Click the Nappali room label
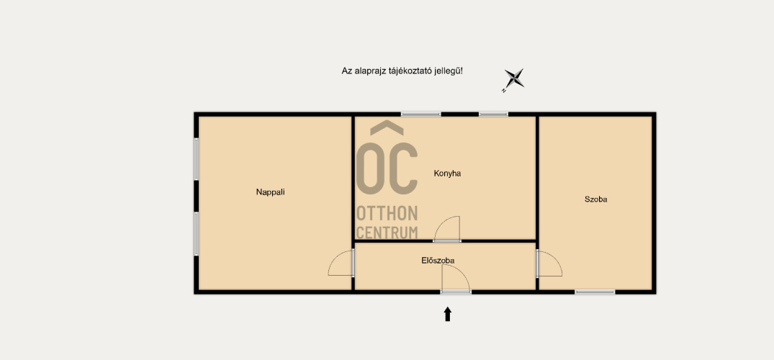270,192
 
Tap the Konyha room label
447,174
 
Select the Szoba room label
596,199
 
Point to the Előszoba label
438,260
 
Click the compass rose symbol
513,79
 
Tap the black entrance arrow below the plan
448,314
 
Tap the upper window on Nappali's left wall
197,159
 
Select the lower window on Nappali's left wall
197,233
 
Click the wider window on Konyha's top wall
420,114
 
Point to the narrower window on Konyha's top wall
493,114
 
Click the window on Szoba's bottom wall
595,292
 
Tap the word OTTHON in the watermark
387,214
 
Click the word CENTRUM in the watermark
387,232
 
